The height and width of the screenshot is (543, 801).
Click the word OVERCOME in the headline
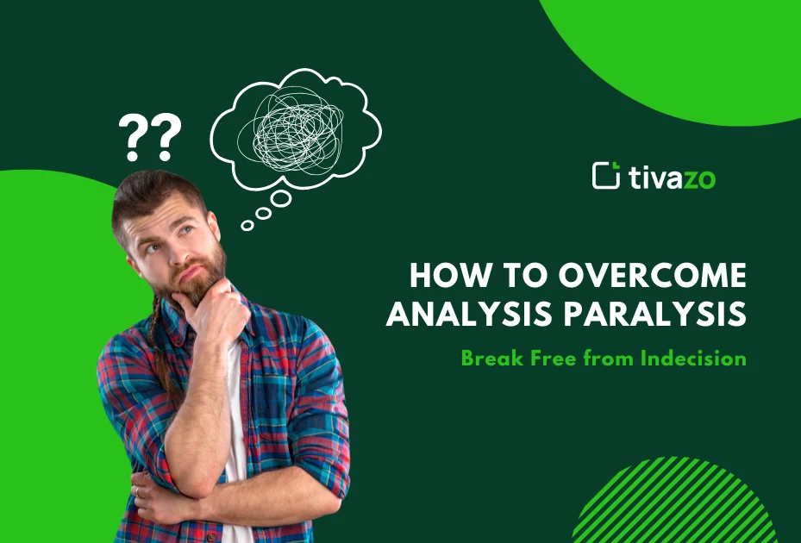click(652, 276)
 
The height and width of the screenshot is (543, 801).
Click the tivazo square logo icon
click(606, 175)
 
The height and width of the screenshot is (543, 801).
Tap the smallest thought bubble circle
click(247, 226)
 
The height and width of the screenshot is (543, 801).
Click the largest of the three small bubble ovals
click(281, 199)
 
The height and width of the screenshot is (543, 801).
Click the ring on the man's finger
click(136, 491)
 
